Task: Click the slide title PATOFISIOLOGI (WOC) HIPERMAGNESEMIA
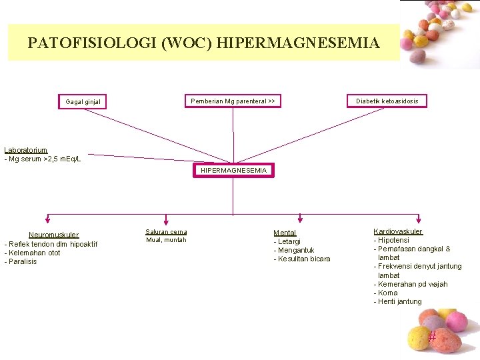(x=203, y=43)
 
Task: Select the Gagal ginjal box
(x=87, y=102)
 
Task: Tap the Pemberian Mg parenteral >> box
(x=233, y=101)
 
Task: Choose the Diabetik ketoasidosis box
(x=387, y=101)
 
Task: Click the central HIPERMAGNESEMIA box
(x=233, y=171)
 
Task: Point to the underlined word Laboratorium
(x=26, y=150)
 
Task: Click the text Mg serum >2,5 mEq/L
(x=44, y=159)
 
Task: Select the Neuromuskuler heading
(x=53, y=235)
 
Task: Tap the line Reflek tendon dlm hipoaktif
(x=53, y=244)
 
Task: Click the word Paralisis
(x=23, y=261)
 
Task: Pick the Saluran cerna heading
(x=166, y=231)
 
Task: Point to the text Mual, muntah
(x=166, y=240)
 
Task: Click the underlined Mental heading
(x=285, y=233)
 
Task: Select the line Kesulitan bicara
(x=304, y=259)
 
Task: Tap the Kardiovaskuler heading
(x=398, y=231)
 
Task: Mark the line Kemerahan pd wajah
(x=412, y=284)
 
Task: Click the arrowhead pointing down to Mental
(x=301, y=217)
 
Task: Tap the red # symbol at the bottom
(x=432, y=337)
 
